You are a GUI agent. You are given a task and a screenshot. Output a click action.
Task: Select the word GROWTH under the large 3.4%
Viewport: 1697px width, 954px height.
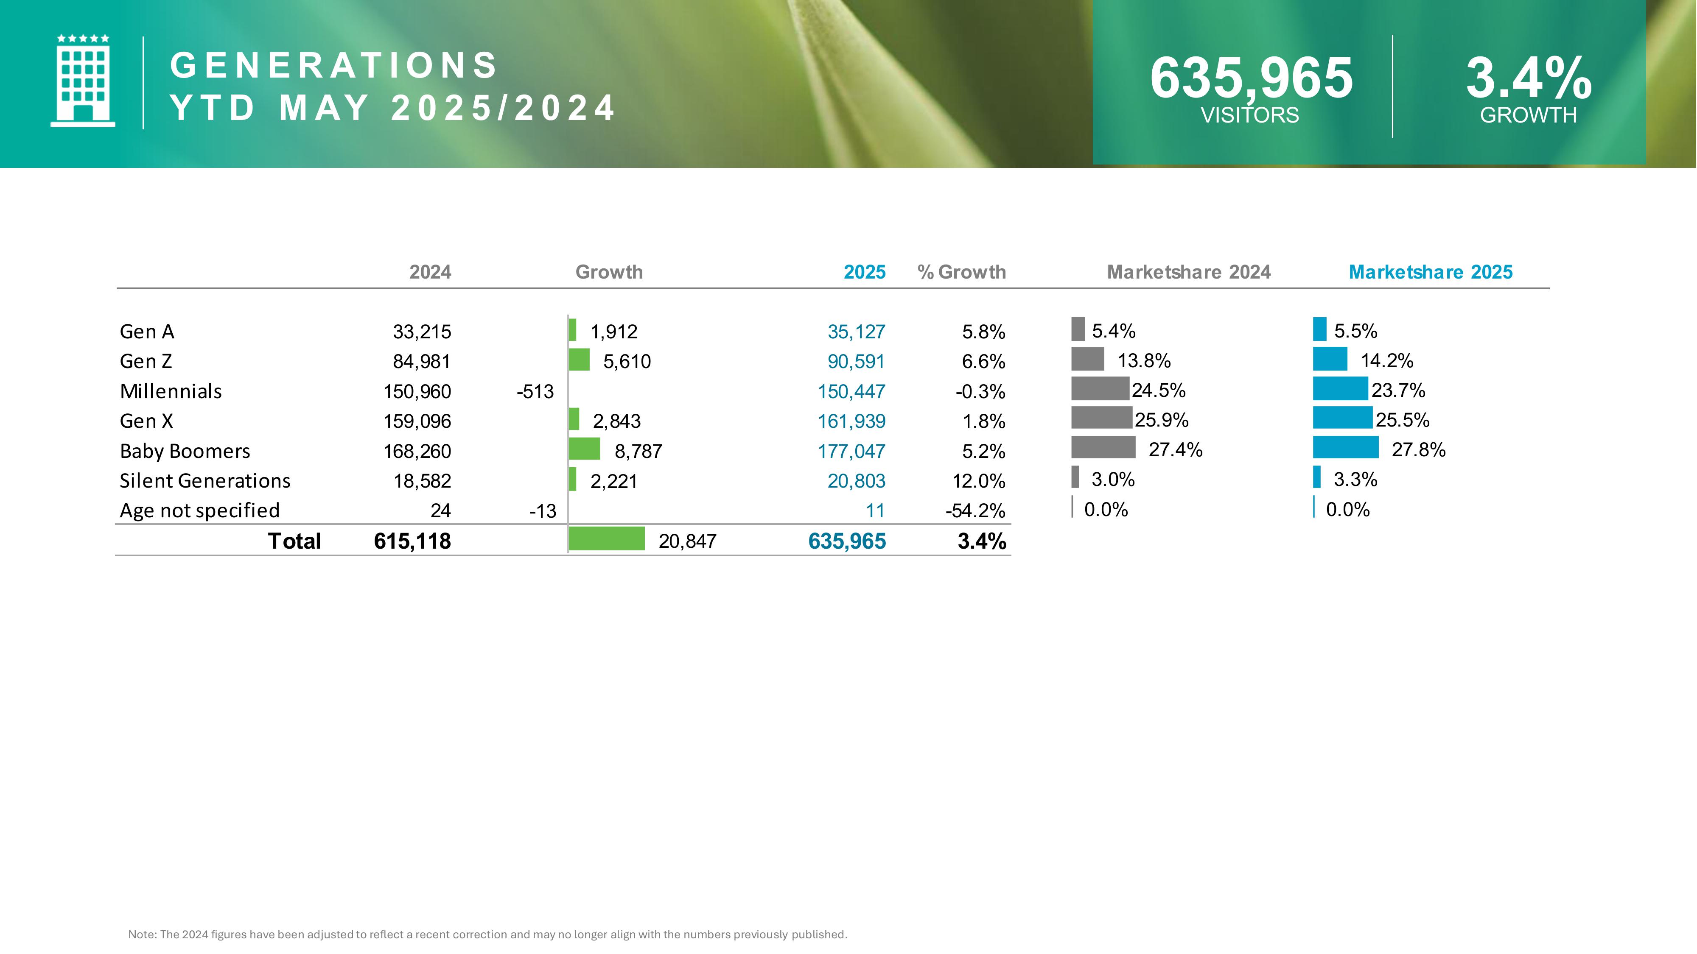[x=1528, y=115]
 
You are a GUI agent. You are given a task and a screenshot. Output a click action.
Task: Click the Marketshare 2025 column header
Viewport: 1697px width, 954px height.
[x=1430, y=272]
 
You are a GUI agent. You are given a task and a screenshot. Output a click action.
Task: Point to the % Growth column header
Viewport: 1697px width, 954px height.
[x=961, y=272]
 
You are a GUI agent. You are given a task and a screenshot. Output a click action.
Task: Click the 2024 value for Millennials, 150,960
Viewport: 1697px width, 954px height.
[x=417, y=392]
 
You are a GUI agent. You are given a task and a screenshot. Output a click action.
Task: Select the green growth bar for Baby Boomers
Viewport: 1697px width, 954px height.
[x=584, y=449]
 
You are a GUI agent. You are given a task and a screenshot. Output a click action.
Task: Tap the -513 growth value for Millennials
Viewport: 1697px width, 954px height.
[x=535, y=392]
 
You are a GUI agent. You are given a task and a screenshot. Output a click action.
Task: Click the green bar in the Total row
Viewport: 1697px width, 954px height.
[x=606, y=538]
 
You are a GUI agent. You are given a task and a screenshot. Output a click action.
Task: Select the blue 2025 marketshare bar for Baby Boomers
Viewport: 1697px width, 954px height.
[x=1345, y=448]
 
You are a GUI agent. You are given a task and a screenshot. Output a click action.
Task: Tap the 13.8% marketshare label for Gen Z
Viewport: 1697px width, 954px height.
[x=1144, y=361]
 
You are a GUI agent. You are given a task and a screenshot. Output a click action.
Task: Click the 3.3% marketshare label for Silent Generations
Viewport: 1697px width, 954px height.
[x=1355, y=479]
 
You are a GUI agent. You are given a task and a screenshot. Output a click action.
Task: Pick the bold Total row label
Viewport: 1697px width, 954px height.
[x=294, y=541]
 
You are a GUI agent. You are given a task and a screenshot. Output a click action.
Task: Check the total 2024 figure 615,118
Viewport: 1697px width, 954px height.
[x=412, y=541]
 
